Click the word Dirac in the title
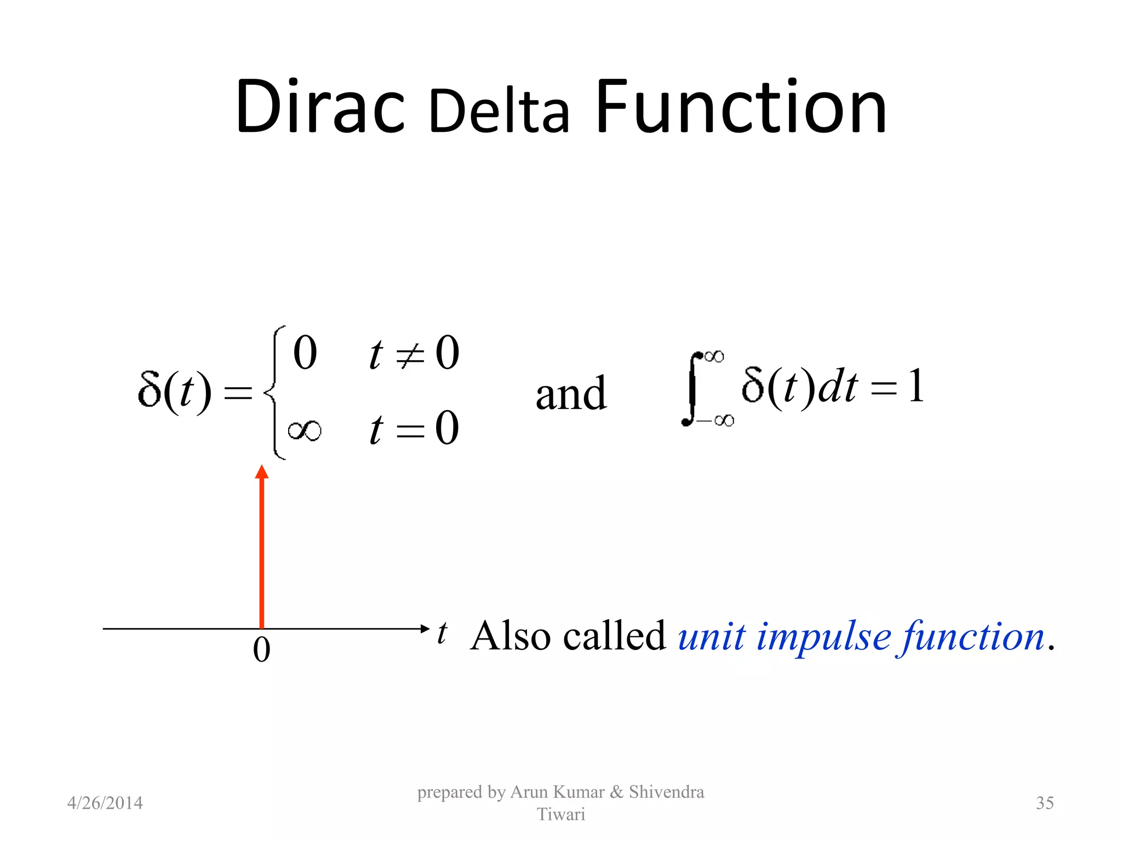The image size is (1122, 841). (320, 107)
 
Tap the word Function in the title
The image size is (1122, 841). (741, 107)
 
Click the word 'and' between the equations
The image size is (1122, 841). (571, 394)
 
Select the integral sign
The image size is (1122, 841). (691, 389)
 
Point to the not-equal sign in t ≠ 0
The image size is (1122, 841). (410, 356)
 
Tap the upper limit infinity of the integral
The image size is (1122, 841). (714, 356)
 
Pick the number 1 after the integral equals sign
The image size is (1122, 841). (915, 385)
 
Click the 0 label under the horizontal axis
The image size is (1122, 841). (262, 650)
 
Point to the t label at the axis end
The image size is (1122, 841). (442, 633)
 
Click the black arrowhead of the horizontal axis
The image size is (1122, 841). (425, 629)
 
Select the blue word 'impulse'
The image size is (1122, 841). (824, 638)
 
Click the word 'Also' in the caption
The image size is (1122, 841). (511, 637)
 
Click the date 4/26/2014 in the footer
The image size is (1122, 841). (105, 803)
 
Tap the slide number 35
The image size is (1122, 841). (1044, 803)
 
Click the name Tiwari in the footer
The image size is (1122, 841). (560, 814)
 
